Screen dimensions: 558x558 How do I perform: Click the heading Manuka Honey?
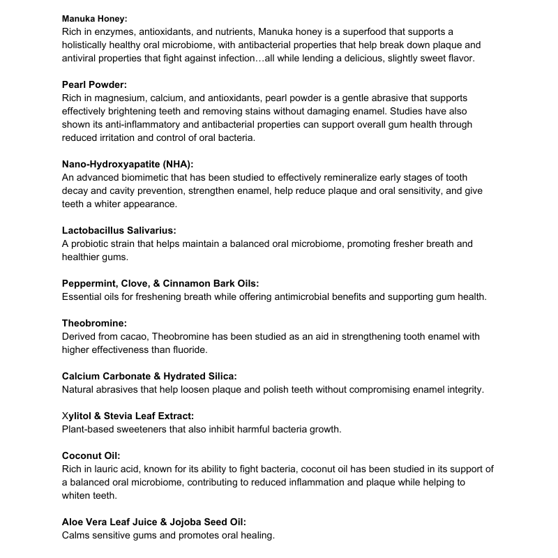point(94,19)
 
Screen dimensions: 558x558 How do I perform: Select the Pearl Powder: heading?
point(94,85)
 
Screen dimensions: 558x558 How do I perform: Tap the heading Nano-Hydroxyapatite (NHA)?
point(127,165)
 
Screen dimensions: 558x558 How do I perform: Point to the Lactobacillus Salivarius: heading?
point(119,231)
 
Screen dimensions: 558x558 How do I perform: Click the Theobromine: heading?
point(94,324)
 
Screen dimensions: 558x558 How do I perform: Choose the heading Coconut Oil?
point(91,456)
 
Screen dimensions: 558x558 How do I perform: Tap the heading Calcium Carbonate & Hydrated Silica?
point(149,376)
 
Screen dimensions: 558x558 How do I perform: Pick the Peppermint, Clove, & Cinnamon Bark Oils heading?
point(160,284)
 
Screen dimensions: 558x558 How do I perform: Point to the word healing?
point(257,536)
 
